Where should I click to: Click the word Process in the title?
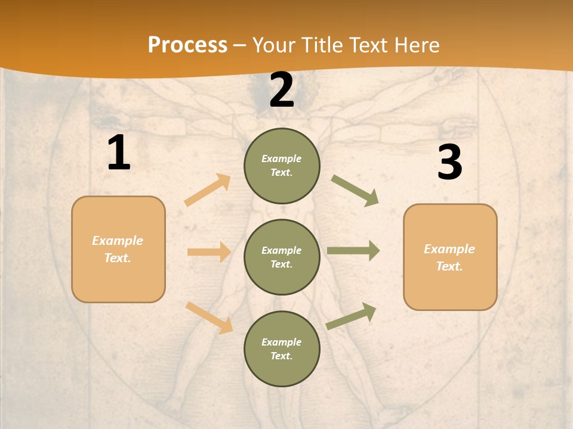[x=187, y=45]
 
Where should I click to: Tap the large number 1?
[x=119, y=153]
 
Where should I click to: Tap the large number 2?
[x=282, y=90]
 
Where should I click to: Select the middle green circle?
[x=282, y=257]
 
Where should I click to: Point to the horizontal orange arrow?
[x=209, y=252]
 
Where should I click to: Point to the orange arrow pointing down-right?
[x=210, y=318]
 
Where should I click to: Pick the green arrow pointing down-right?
[x=355, y=191]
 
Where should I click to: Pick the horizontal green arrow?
[x=353, y=251]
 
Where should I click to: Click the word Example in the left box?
[x=118, y=241]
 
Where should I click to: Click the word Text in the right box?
[x=448, y=266]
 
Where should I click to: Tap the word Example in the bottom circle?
[x=281, y=342]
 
